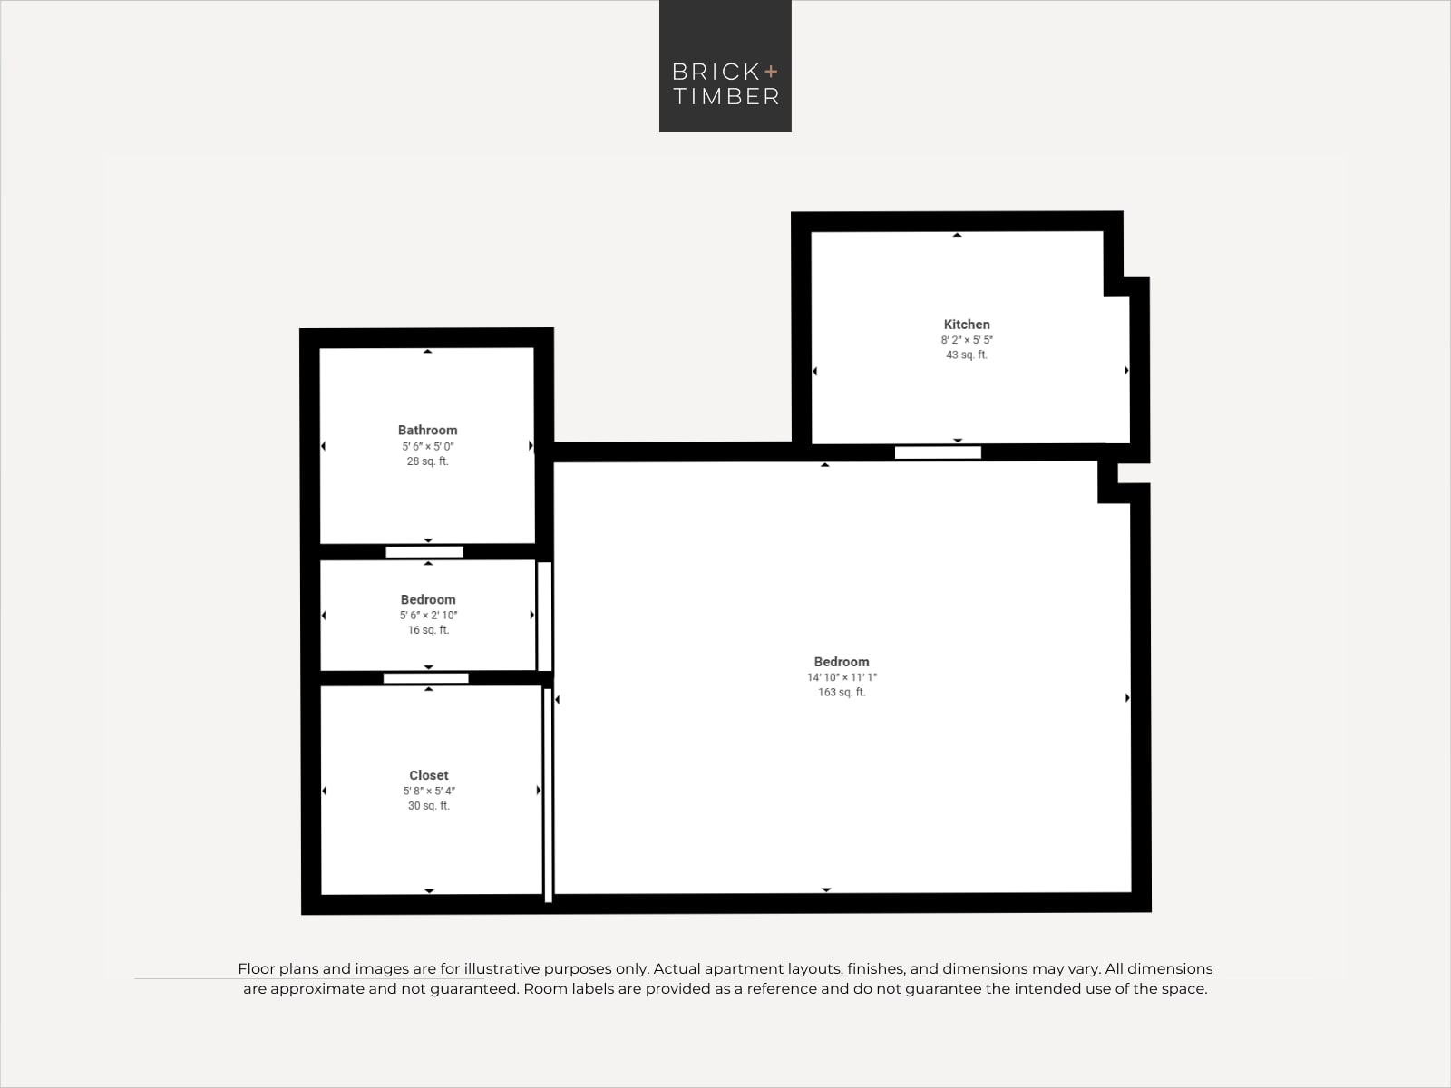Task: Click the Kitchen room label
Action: [x=967, y=325]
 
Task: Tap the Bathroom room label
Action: [x=428, y=430]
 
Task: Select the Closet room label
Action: [x=428, y=775]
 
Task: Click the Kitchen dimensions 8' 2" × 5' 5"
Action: [x=967, y=340]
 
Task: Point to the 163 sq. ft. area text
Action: [x=842, y=693]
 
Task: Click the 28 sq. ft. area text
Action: [x=428, y=461]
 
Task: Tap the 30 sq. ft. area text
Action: [x=428, y=806]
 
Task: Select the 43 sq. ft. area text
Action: [x=967, y=355]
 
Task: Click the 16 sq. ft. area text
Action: [x=428, y=630]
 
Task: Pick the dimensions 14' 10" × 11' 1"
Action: [x=842, y=677]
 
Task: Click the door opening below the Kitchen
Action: [x=938, y=452]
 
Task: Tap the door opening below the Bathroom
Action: [x=424, y=552]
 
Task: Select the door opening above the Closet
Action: [x=425, y=678]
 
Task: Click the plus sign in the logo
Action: [x=771, y=71]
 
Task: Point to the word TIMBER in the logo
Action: [x=725, y=96]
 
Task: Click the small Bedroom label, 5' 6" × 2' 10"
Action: [x=428, y=600]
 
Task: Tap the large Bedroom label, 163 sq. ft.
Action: [x=842, y=662]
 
